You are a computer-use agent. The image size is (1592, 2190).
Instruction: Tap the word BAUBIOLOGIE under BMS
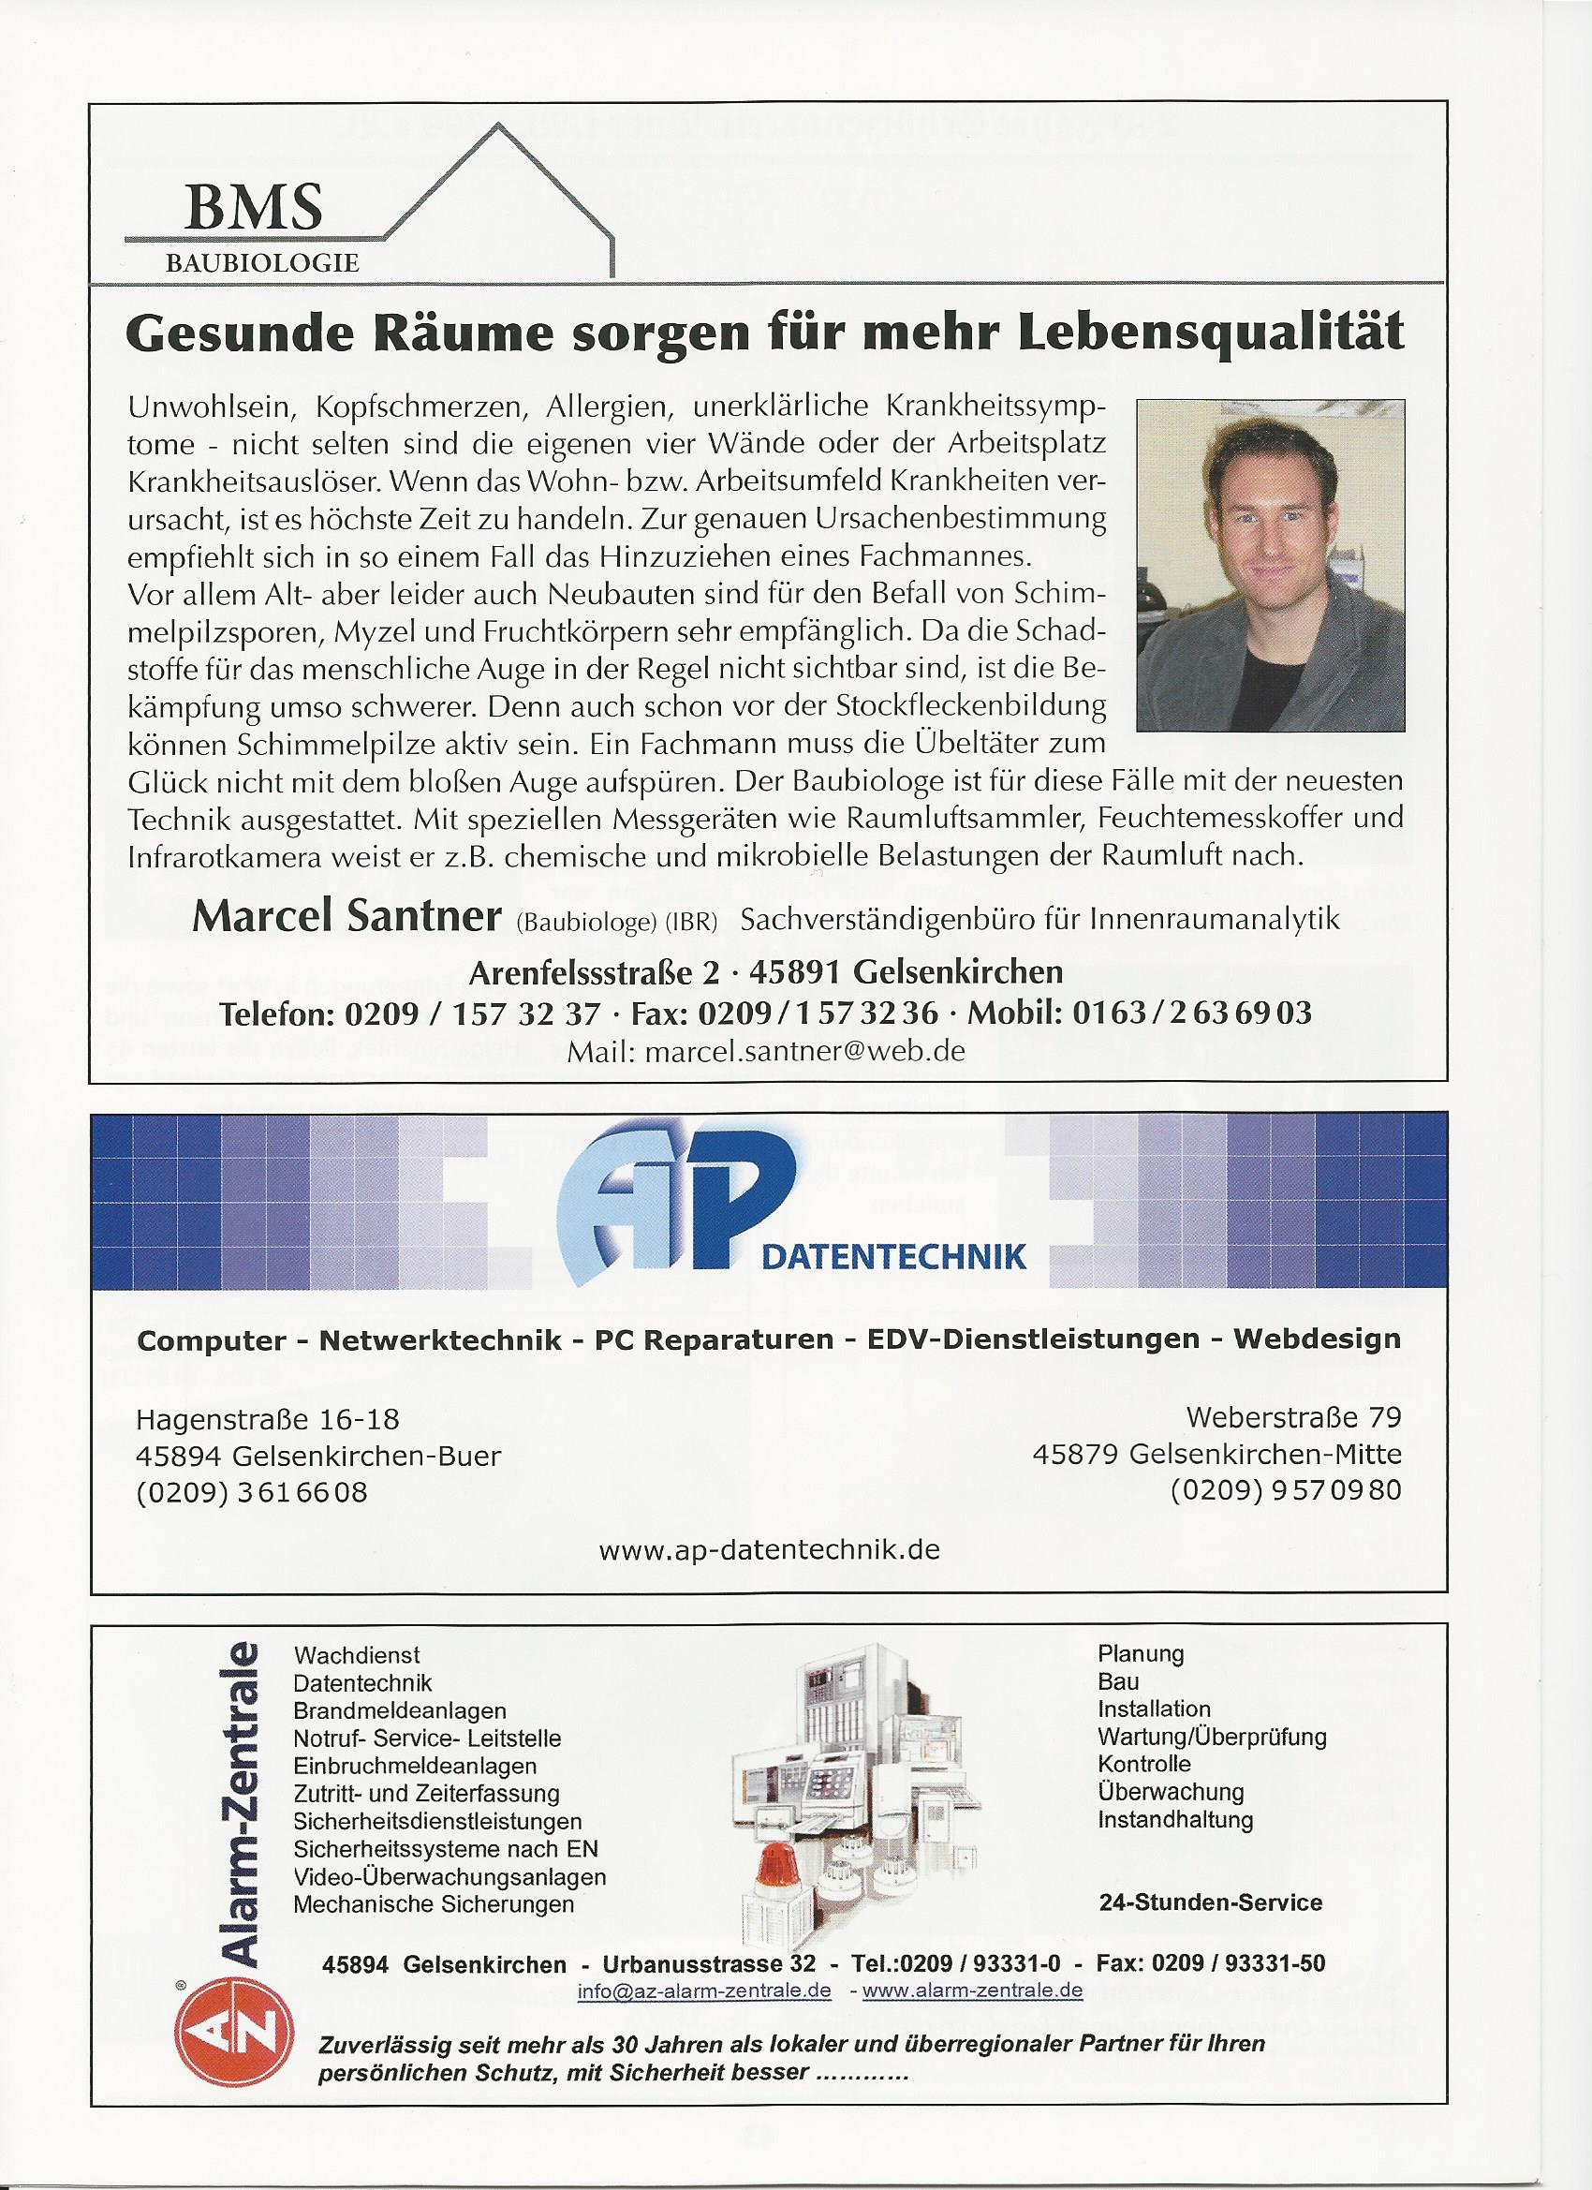261,262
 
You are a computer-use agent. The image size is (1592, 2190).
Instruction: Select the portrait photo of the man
1270,565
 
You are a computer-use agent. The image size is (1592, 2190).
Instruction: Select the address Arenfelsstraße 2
594,970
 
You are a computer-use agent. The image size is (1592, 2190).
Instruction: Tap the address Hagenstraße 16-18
268,1419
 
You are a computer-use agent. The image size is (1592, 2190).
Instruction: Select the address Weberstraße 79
1292,1417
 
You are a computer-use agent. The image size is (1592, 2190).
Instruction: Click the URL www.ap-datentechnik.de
769,1550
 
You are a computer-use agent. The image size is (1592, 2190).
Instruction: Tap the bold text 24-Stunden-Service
1210,1902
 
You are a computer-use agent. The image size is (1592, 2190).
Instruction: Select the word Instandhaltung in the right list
1175,1820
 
